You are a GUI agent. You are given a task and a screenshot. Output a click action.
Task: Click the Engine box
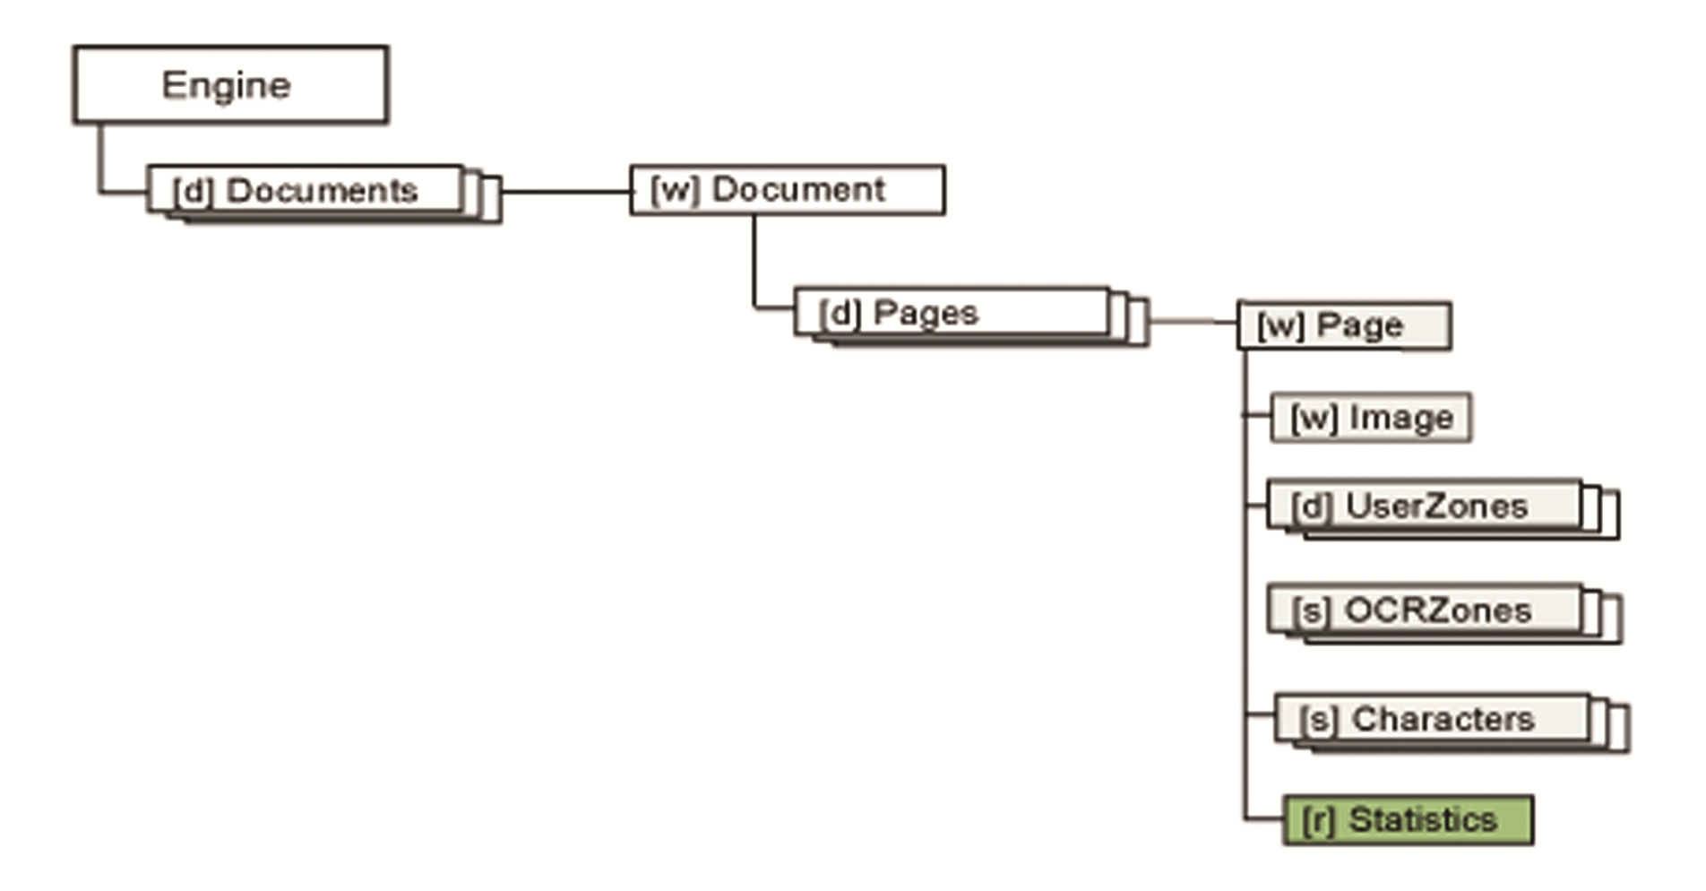[231, 85]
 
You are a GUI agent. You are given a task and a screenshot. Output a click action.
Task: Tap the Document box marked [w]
[788, 190]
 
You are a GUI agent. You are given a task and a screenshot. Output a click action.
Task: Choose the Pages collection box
[952, 313]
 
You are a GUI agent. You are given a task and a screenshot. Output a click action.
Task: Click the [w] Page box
[1344, 325]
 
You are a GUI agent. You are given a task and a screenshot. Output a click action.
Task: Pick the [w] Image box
[1371, 418]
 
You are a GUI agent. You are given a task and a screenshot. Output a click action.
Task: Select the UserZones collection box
[1425, 506]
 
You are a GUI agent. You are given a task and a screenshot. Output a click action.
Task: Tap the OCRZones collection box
[1426, 611]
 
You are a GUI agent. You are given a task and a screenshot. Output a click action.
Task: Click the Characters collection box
[1433, 719]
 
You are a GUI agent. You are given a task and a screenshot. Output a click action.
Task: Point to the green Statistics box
[1408, 820]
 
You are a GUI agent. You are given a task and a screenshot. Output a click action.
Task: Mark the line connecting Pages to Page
[1193, 320]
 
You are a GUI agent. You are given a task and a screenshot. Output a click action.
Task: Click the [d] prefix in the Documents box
[193, 191]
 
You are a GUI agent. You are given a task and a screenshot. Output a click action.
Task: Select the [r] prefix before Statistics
[1318, 820]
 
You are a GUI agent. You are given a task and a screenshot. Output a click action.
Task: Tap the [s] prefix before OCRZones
[1311, 612]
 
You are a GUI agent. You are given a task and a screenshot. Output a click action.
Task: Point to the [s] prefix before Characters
[1319, 720]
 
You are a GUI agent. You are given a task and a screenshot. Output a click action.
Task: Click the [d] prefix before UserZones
[1311, 507]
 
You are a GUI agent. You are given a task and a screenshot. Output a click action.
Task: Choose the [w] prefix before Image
[1314, 419]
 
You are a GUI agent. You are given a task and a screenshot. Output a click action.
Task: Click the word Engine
[226, 85]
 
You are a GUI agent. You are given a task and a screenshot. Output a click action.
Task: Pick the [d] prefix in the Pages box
[840, 314]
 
